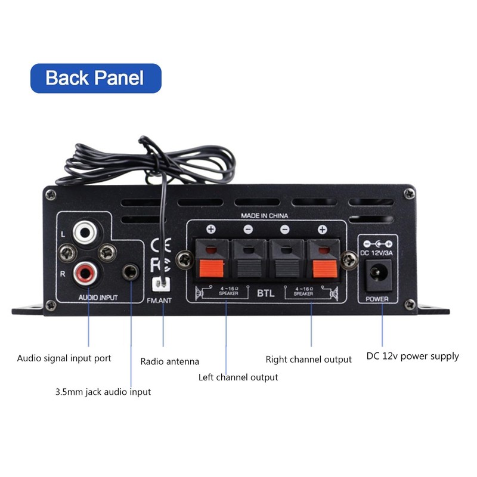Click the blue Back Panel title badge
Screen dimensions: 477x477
click(95, 78)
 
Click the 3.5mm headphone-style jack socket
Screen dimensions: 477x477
click(131, 273)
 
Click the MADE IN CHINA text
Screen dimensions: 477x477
click(265, 215)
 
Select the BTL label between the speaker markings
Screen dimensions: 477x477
click(265, 292)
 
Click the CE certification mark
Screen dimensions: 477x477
click(159, 245)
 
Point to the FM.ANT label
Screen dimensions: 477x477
click(159, 301)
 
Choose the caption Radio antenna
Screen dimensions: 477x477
click(170, 361)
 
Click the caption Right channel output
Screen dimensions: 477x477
click(308, 359)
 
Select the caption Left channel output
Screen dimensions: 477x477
click(238, 377)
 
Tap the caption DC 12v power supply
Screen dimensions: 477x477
click(413, 357)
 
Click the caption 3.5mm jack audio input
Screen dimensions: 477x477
click(103, 392)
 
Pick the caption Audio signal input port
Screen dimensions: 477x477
click(64, 358)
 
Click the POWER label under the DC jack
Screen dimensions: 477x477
click(377, 299)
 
